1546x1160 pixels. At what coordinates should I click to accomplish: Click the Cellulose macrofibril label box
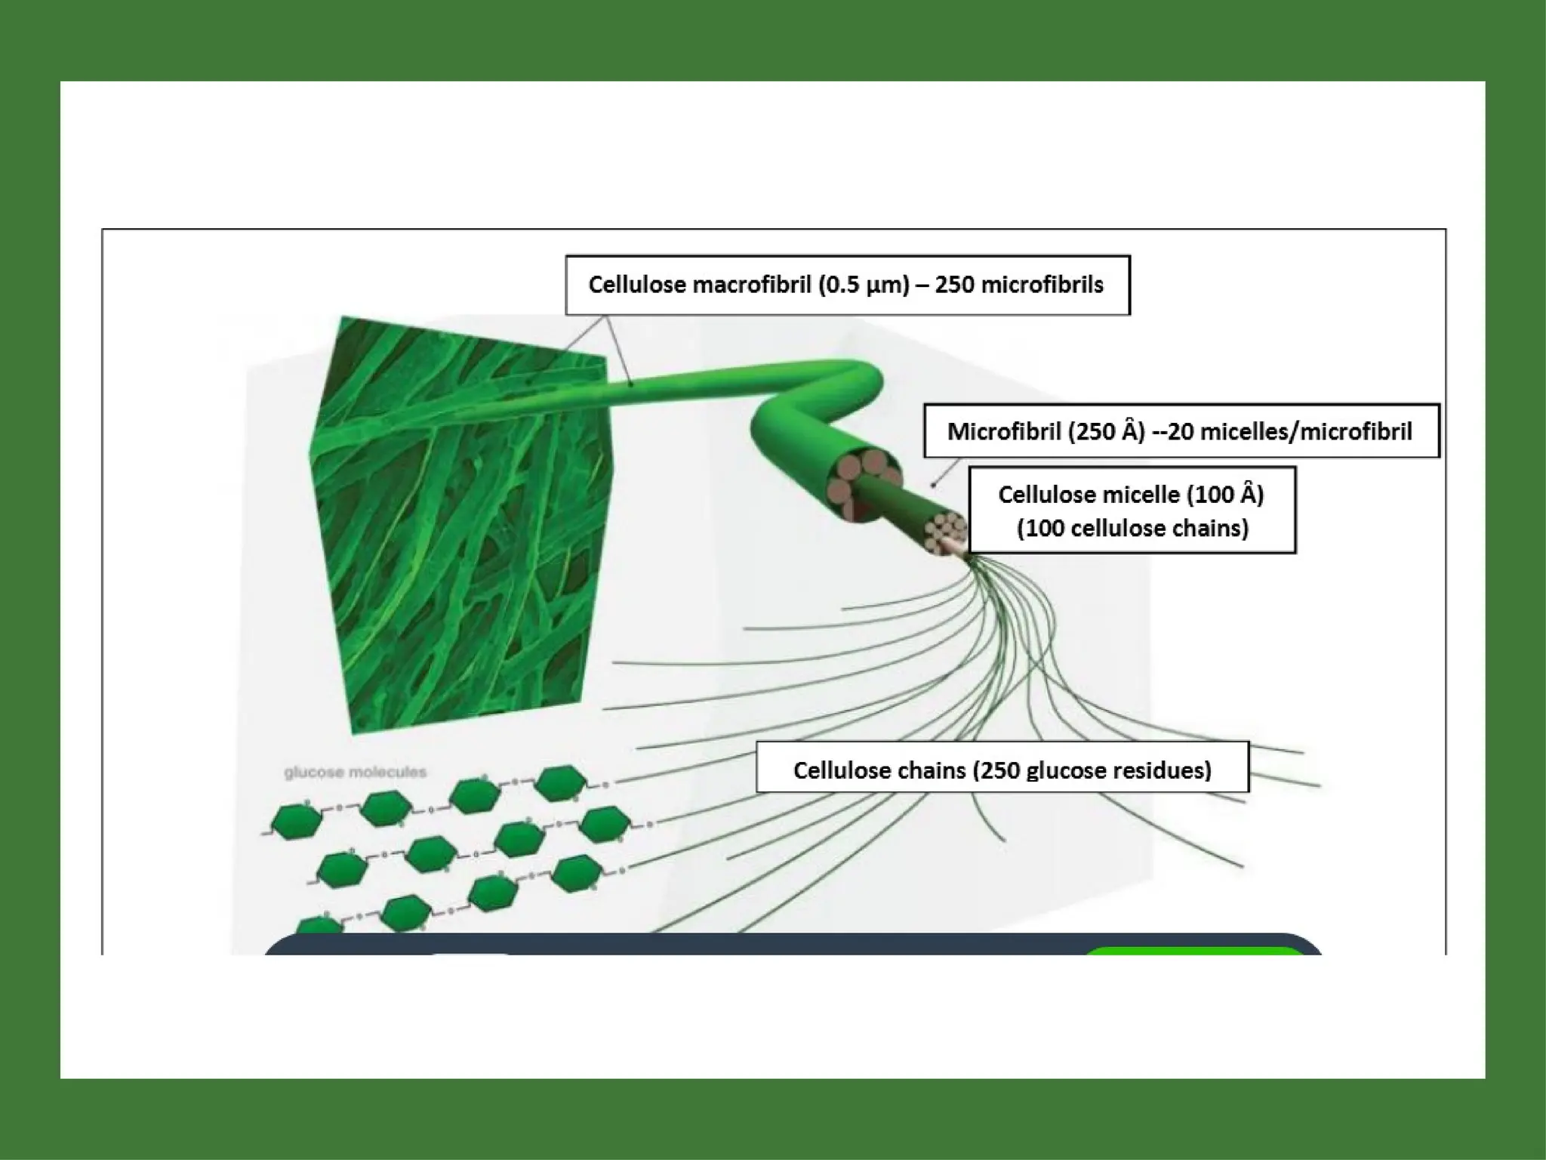point(847,285)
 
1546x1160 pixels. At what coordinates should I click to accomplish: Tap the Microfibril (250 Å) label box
point(1181,431)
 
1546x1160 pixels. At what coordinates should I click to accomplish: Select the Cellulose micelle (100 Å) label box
point(1132,511)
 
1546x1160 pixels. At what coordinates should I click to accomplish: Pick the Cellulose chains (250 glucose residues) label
point(1002,770)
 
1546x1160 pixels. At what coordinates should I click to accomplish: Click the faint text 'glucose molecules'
point(355,772)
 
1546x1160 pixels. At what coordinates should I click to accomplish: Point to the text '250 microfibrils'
point(1019,285)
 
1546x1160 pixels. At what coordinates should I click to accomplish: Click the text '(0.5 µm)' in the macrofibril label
point(864,285)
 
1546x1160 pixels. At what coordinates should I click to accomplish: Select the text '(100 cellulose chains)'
point(1132,528)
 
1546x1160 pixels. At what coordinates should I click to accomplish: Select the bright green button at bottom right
point(1193,951)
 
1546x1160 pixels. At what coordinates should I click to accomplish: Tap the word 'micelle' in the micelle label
point(1144,494)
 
